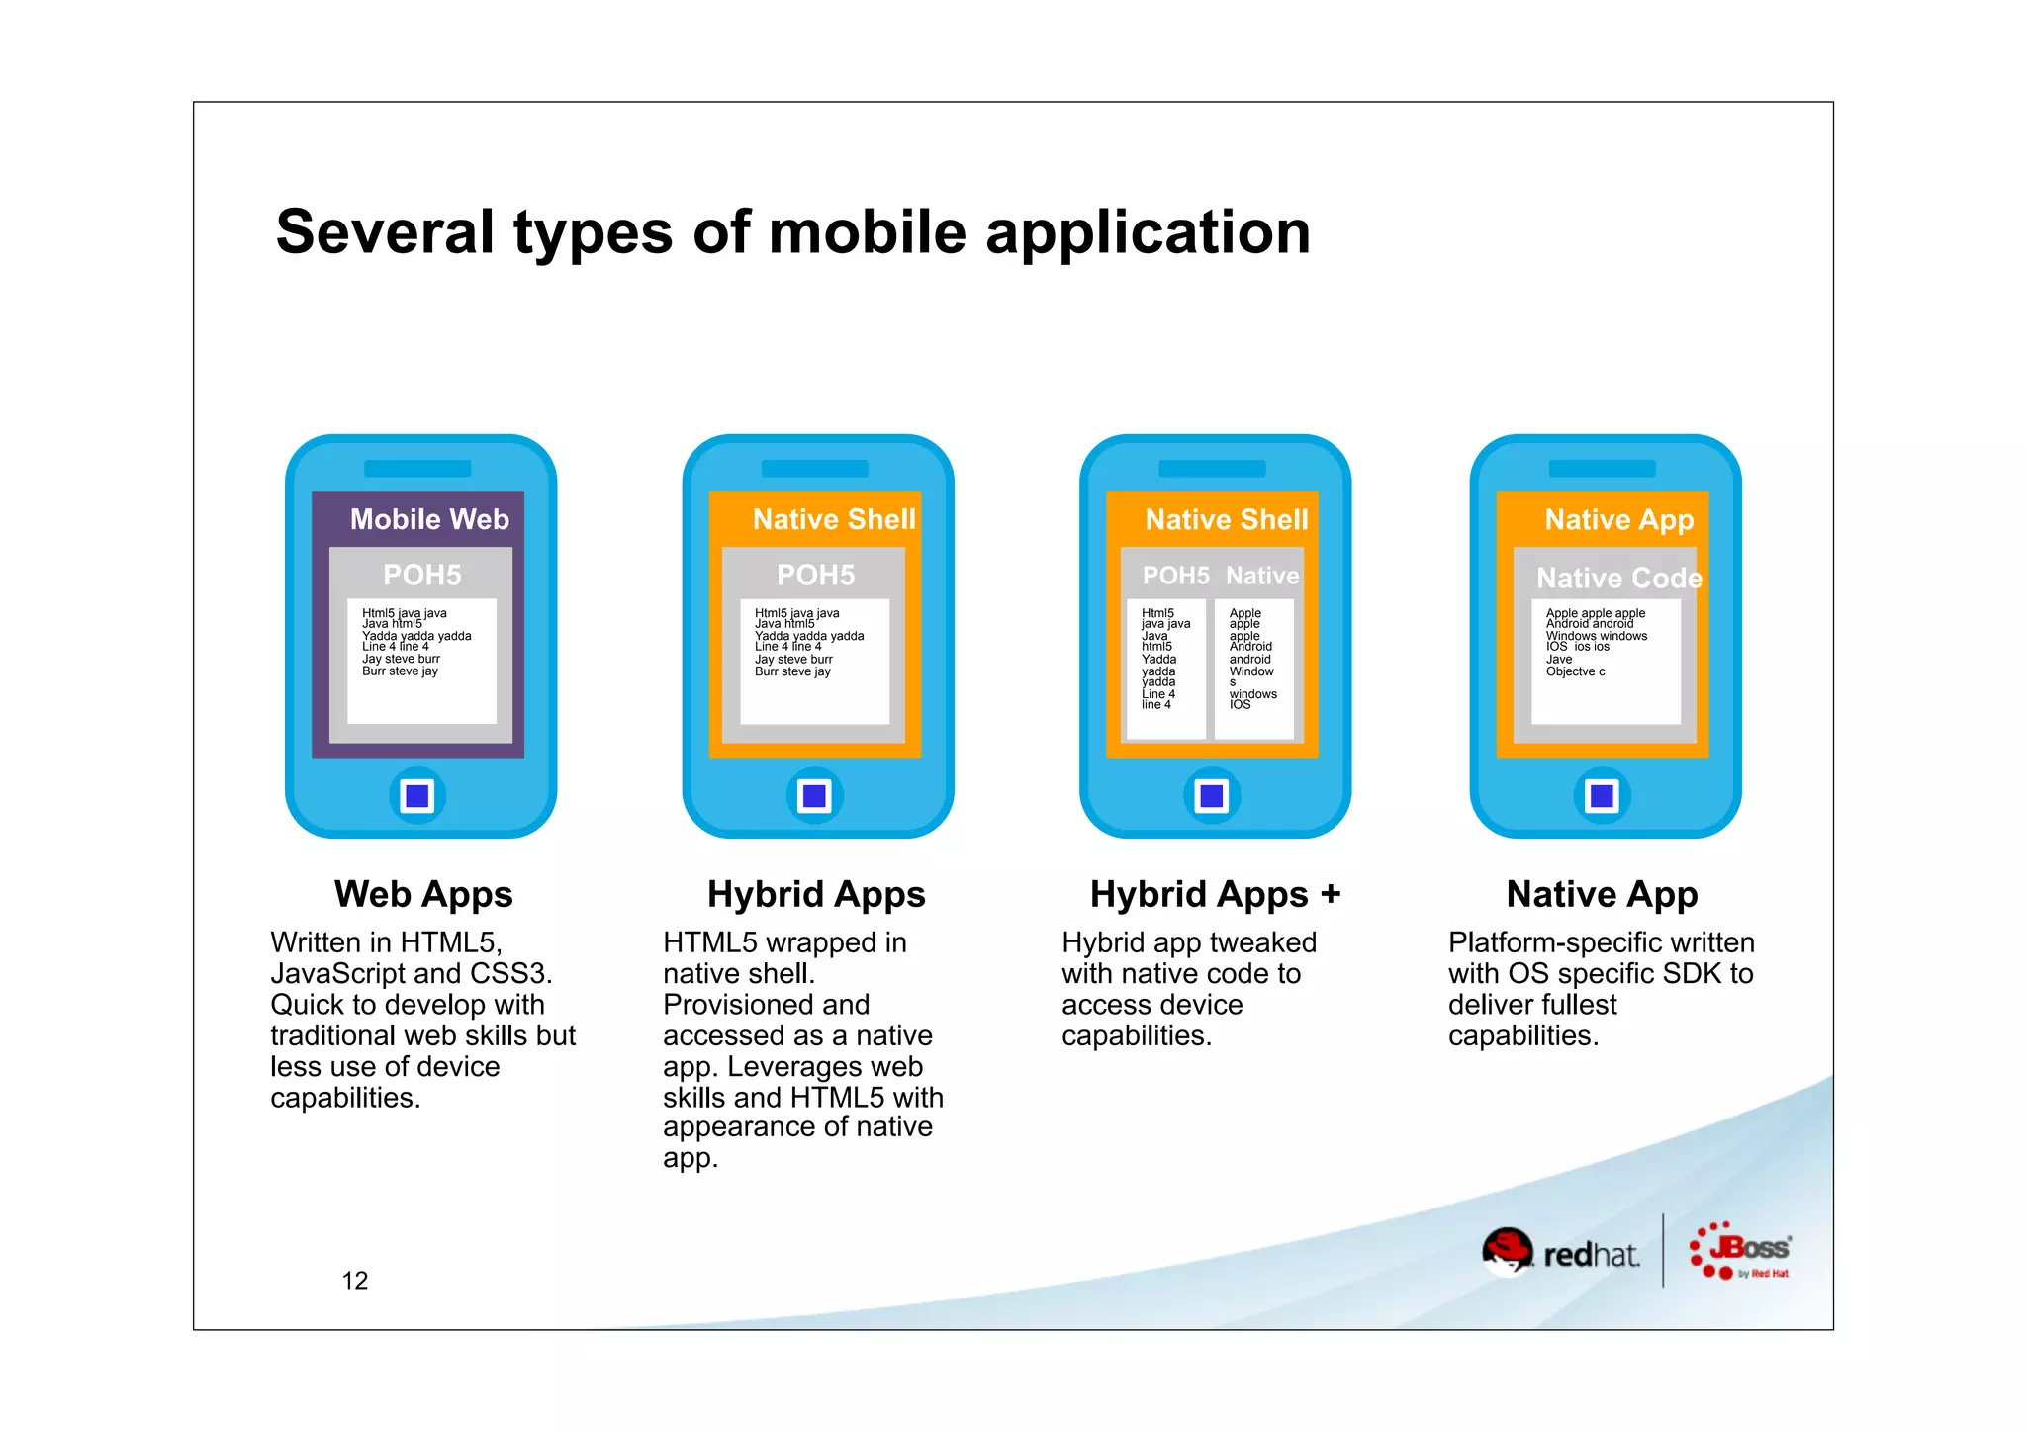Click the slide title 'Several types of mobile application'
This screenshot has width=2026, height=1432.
pyautogui.click(x=792, y=232)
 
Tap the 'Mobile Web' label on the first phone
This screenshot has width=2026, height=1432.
pyautogui.click(x=429, y=519)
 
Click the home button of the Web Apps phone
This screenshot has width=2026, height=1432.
pyautogui.click(x=417, y=795)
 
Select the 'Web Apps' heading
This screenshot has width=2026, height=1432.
pyautogui.click(x=423, y=894)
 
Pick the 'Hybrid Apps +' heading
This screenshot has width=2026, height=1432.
pyautogui.click(x=1215, y=894)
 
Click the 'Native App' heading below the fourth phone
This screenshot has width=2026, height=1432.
pyautogui.click(x=1602, y=894)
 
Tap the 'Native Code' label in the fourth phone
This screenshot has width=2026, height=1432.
pyautogui.click(x=1618, y=578)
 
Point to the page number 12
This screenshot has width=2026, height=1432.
pyautogui.click(x=354, y=1281)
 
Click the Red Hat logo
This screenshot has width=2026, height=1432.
pyautogui.click(x=1560, y=1252)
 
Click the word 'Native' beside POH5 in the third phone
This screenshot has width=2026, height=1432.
pyautogui.click(x=1262, y=576)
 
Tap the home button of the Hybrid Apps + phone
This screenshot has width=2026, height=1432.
pyautogui.click(x=1212, y=795)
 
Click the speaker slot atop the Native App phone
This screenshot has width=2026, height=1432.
pyautogui.click(x=1602, y=469)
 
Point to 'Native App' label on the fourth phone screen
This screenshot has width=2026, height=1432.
pyautogui.click(x=1618, y=519)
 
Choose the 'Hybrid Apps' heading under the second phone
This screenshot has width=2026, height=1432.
pyautogui.click(x=816, y=894)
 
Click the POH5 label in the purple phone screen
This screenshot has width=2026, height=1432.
pyautogui.click(x=422, y=575)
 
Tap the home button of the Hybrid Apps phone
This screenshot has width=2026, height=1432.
pyautogui.click(x=815, y=795)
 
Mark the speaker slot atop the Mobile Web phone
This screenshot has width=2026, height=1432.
pyautogui.click(x=417, y=469)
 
